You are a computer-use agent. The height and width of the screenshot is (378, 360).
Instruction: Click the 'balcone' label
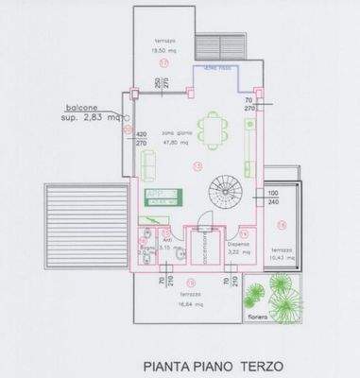(x=82, y=107)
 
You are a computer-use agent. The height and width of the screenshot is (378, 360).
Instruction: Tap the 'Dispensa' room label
(x=237, y=243)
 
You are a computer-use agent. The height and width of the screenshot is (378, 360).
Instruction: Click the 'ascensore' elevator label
(x=198, y=249)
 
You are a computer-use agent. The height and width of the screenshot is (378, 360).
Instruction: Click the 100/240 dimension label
(x=272, y=198)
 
